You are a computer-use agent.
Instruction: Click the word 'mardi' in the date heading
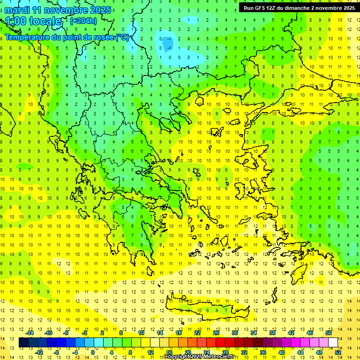(17, 10)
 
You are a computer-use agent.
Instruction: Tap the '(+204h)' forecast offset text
(83, 21)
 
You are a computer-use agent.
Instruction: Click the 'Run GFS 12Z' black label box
(299, 7)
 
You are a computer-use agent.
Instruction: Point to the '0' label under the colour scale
(92, 352)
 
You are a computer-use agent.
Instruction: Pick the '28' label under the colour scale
(225, 352)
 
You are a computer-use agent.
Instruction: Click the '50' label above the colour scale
(328, 333)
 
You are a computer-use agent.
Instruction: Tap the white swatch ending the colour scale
(333, 343)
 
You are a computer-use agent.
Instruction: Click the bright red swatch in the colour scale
(221, 343)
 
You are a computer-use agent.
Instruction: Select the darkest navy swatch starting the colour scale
(24, 343)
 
